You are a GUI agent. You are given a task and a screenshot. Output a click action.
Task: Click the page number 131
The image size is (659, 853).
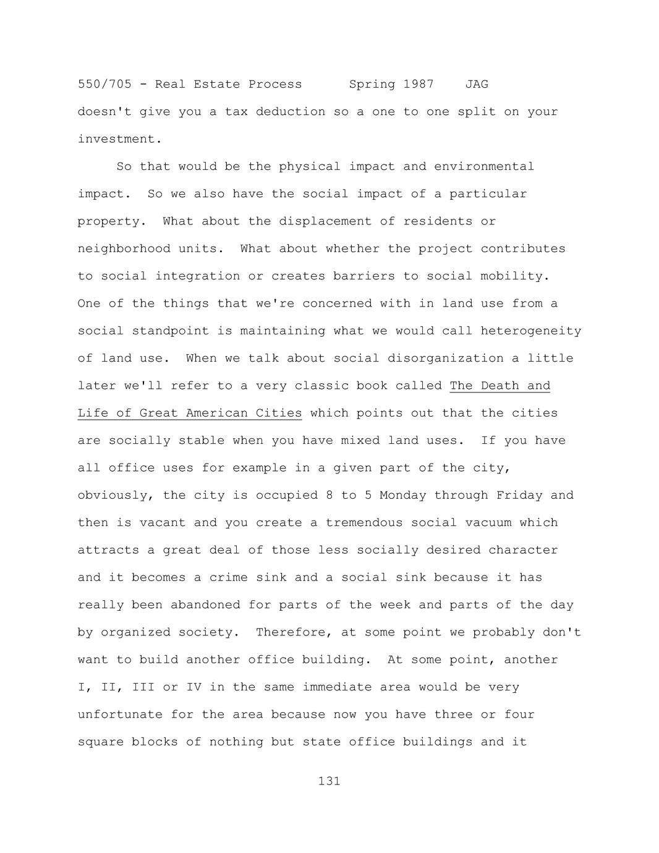point(329,781)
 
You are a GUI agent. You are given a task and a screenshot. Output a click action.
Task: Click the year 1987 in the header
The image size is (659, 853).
point(419,84)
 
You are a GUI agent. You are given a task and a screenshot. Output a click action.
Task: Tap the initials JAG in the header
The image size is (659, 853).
point(476,84)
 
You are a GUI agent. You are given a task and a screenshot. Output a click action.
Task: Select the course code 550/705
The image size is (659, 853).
point(104,84)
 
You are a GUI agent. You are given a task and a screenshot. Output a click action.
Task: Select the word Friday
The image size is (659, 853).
point(519,495)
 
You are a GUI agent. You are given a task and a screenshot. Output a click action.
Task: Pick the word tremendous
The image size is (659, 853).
point(364,522)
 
